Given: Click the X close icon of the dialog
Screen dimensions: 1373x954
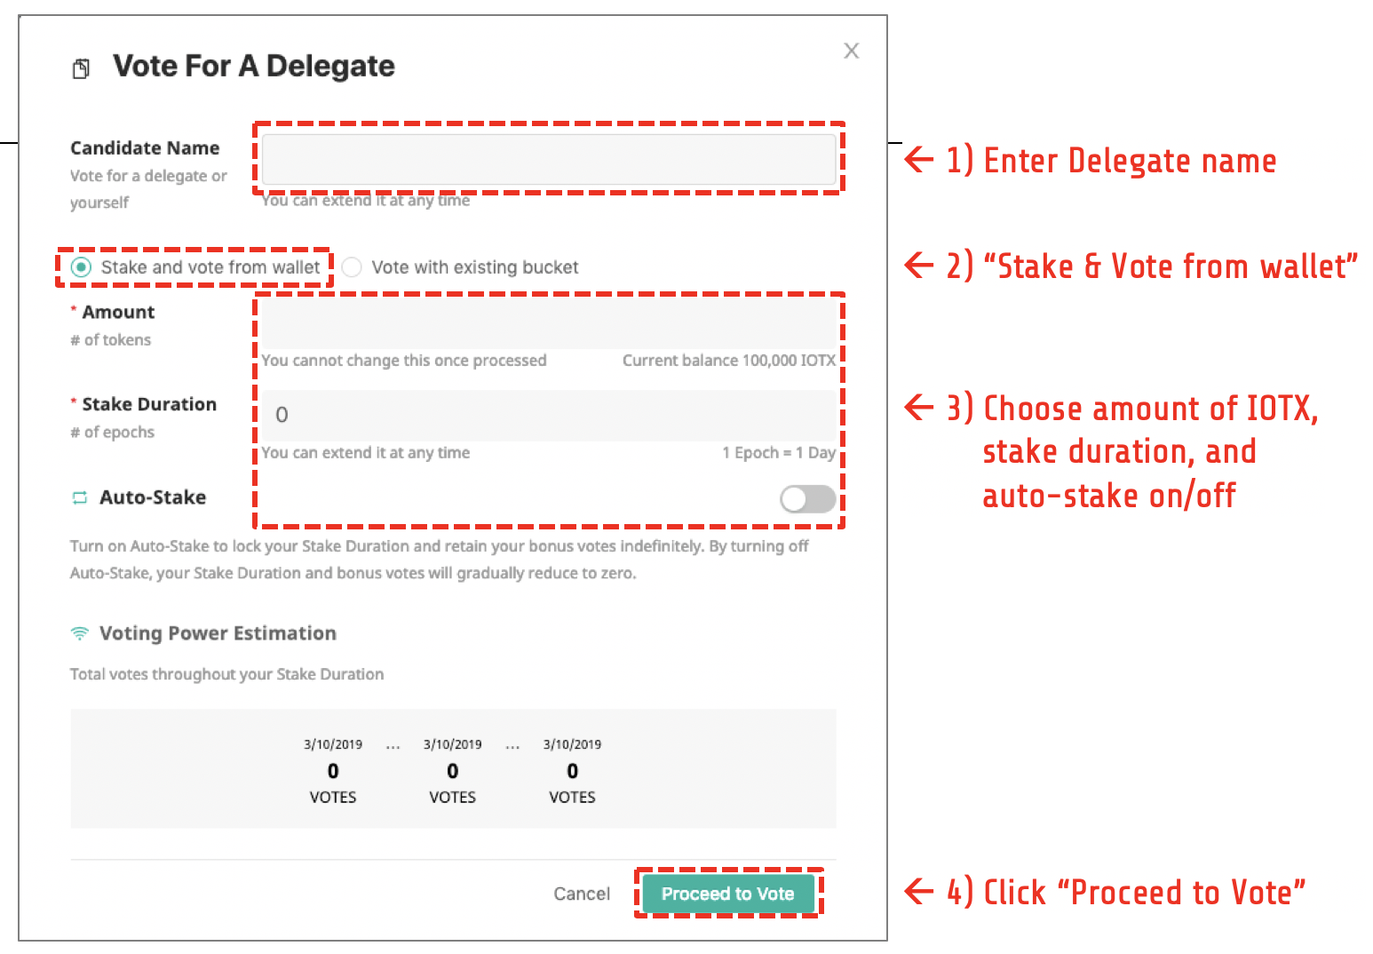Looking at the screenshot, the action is [852, 51].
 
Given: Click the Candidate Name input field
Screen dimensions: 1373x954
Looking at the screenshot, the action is [549, 159].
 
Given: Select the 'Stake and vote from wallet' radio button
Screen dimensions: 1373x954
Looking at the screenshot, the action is [81, 267].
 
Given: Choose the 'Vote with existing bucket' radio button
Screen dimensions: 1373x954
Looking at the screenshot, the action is [352, 267].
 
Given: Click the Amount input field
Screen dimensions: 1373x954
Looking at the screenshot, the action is [549, 324].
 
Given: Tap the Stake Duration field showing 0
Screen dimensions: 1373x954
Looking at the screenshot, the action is [549, 415].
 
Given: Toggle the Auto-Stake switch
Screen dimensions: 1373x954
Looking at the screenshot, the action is [808, 499].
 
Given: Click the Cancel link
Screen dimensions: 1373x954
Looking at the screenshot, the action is [582, 894].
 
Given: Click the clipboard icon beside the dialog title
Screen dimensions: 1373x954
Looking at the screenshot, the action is [81, 68].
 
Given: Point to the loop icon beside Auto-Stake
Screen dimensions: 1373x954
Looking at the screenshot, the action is [80, 497].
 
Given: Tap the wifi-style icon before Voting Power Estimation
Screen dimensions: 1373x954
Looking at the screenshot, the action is [80, 633].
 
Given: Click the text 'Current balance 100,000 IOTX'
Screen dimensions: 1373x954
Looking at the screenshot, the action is [729, 361].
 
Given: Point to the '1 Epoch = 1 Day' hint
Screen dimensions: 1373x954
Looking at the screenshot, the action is [779, 453].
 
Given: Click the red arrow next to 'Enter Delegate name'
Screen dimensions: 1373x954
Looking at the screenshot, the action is [919, 159].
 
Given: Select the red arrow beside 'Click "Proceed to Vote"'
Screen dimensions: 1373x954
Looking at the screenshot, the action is [919, 892].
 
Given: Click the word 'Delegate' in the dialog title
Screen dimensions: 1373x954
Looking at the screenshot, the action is [330, 67].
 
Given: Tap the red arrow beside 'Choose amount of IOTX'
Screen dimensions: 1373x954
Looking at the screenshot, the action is [919, 407].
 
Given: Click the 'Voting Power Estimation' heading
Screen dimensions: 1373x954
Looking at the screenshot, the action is [218, 633].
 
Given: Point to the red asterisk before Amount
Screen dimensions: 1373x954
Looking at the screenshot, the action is [74, 309].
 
